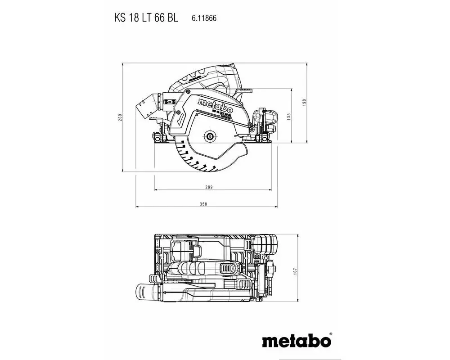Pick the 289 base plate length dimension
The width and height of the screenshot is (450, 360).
[x=208, y=187]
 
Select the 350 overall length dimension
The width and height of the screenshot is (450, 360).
[x=203, y=204]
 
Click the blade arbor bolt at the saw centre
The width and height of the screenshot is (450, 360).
[x=210, y=135]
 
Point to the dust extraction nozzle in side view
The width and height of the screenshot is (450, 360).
[x=148, y=106]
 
